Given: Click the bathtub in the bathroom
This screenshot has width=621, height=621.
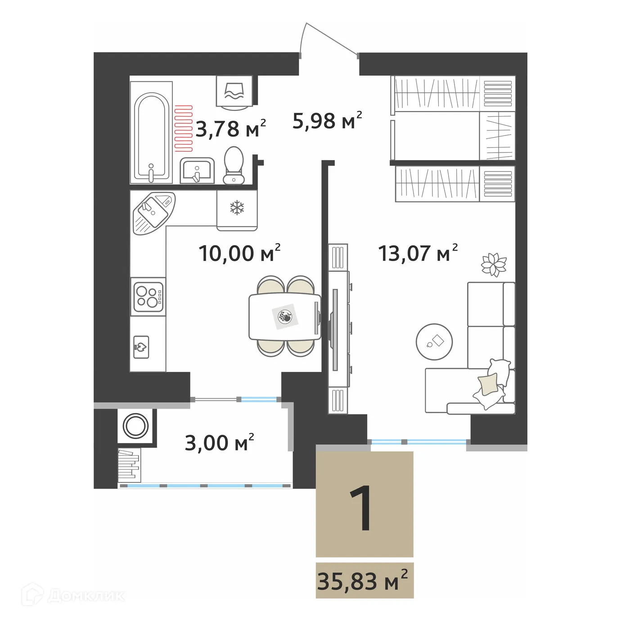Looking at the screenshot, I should [x=152, y=135].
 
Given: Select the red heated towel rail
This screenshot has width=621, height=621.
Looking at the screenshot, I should [x=184, y=128].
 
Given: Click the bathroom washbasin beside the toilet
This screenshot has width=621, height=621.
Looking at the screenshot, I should [x=197, y=171].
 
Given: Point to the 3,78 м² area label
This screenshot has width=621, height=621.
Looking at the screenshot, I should [x=230, y=129].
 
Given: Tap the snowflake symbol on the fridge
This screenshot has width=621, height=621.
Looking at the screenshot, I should [x=237, y=208].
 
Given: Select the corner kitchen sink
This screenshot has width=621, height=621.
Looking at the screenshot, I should [x=153, y=212].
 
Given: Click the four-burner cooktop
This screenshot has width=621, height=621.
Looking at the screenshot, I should [x=148, y=296].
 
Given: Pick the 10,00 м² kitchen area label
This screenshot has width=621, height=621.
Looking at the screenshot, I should [x=239, y=253].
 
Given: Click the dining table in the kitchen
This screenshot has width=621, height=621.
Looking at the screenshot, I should [x=284, y=317].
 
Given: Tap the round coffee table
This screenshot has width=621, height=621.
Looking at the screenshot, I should [x=434, y=342].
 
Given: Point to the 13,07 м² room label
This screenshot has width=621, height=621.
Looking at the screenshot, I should [x=418, y=253].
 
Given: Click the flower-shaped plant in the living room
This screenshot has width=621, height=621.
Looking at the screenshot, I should [x=494, y=264].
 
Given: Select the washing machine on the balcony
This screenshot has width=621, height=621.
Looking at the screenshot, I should [x=136, y=426].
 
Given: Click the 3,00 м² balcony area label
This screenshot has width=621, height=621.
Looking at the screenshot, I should [x=219, y=443].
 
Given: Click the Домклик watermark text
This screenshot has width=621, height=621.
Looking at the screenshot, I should [x=85, y=596].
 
